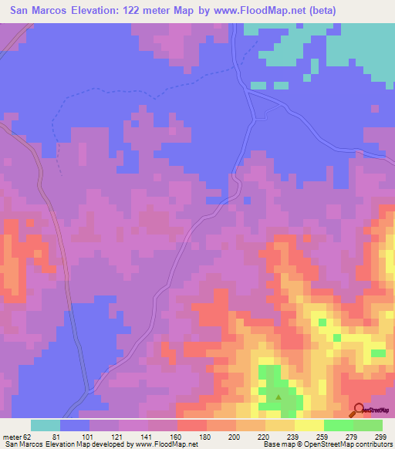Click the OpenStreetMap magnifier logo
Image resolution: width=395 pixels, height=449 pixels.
tap(360, 410)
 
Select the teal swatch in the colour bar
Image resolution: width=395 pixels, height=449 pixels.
tap(46, 425)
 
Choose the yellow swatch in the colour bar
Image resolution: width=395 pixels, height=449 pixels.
tap(309, 425)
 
